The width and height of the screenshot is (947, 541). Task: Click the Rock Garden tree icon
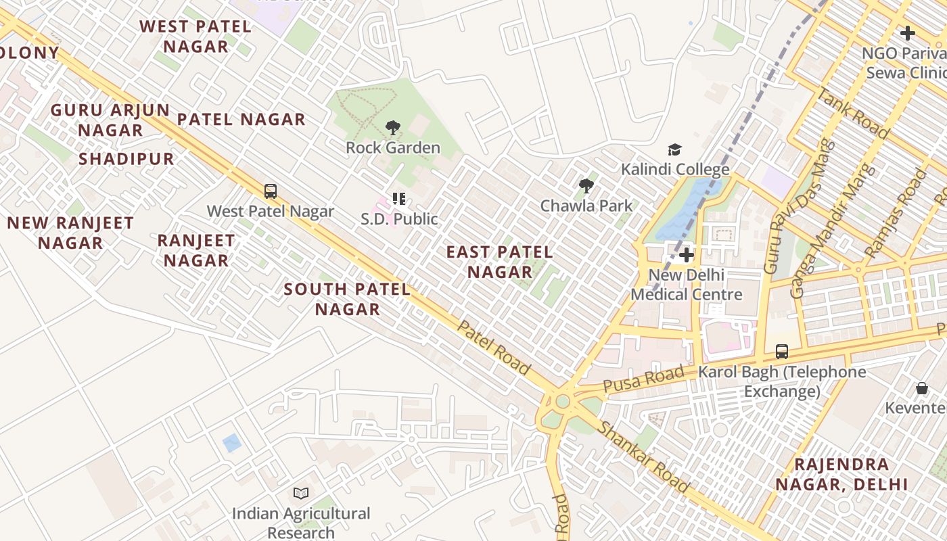pos(392,127)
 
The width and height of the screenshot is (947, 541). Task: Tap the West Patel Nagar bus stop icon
pos(271,191)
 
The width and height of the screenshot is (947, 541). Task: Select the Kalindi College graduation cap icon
pos(674,149)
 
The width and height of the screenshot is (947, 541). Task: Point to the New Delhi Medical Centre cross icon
pos(687,255)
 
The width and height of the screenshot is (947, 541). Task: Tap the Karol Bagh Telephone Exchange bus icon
pos(782,352)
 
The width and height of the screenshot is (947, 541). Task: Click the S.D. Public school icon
pos(399,199)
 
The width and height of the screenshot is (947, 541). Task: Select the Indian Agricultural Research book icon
pos(301,494)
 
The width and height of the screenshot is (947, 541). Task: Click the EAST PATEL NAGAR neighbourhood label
pos(500,262)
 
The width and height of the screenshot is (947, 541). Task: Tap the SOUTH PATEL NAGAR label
pos(347,299)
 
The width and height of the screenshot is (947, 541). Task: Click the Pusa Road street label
pos(643,379)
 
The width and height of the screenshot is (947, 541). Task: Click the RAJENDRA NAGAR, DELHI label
pos(841,474)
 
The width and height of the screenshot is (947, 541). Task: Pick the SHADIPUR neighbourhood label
pos(126,159)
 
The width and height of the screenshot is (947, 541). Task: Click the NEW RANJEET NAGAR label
pos(70,233)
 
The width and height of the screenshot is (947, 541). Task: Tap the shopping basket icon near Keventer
pos(921,388)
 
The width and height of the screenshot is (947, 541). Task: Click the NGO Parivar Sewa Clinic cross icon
pos(908,32)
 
